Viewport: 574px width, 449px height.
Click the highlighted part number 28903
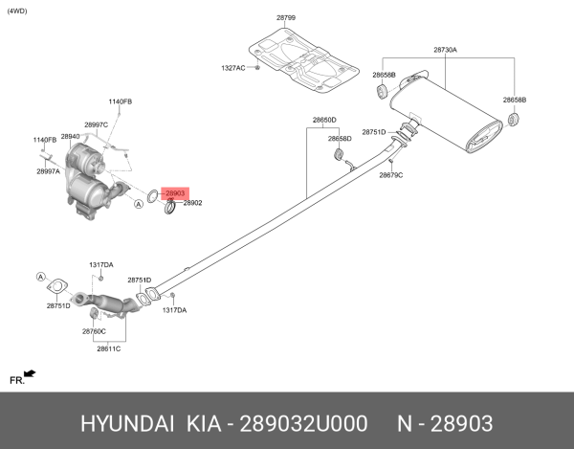[x=174, y=193]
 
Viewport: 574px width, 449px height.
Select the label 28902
[x=193, y=203]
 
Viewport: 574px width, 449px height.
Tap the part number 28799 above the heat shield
[x=286, y=18]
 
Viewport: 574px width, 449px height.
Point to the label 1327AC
[x=233, y=68]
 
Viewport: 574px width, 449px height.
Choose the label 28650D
[x=324, y=120]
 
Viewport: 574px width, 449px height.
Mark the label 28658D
[x=340, y=139]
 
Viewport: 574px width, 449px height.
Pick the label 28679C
[x=390, y=175]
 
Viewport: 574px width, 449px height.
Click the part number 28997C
[x=96, y=124]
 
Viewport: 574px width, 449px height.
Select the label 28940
[x=71, y=137]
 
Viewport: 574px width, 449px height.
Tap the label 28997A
[x=48, y=171]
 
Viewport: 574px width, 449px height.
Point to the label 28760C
[x=94, y=330]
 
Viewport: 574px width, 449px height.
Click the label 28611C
[x=108, y=348]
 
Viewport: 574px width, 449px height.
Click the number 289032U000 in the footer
[x=300, y=422]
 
